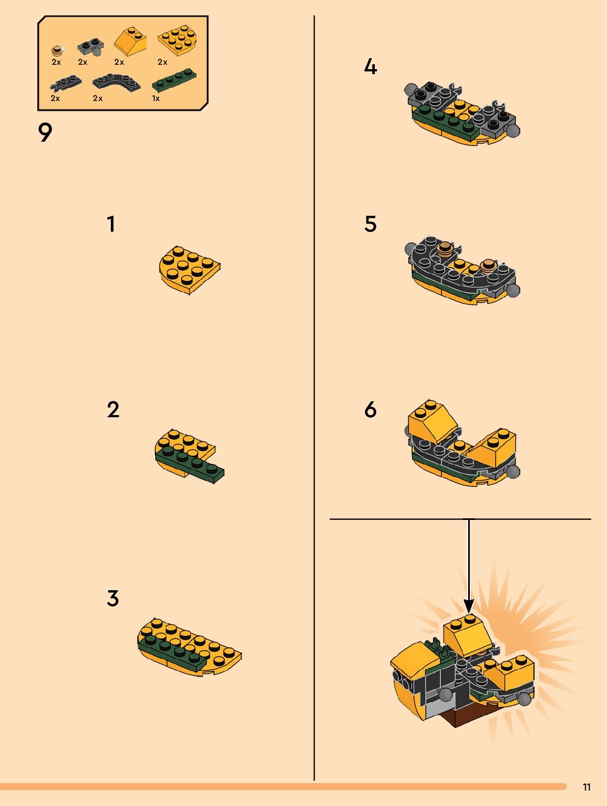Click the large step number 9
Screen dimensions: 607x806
(x=45, y=132)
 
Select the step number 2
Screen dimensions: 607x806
(x=113, y=410)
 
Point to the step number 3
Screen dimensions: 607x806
(x=113, y=598)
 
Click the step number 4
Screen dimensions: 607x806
(x=370, y=67)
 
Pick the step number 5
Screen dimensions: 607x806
(x=370, y=224)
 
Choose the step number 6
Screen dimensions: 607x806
(x=370, y=410)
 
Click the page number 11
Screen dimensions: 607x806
(x=587, y=787)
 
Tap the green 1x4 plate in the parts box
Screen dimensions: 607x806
(x=174, y=80)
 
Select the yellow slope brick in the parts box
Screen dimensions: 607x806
(x=130, y=41)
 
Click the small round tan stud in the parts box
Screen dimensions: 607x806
(x=57, y=51)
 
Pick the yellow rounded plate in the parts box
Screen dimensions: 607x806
(x=177, y=41)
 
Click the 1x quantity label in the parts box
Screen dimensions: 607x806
(x=156, y=98)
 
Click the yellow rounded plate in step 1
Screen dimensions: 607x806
(x=189, y=270)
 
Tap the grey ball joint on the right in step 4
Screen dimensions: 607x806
(x=513, y=131)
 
